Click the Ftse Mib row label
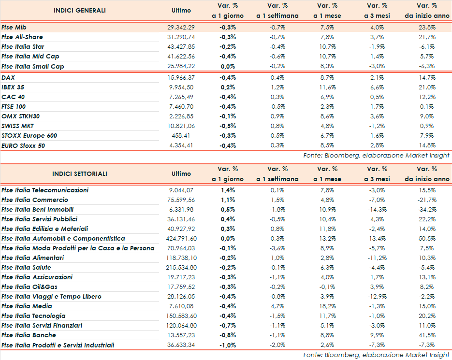point(14,28)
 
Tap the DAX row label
point(8,77)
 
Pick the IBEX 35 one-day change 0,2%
point(227,87)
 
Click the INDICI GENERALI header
point(79,10)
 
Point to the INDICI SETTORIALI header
point(80,173)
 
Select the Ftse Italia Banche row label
point(29,335)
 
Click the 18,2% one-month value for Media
point(329,306)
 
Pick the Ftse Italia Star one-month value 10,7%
point(329,47)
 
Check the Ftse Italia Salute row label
point(26,267)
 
